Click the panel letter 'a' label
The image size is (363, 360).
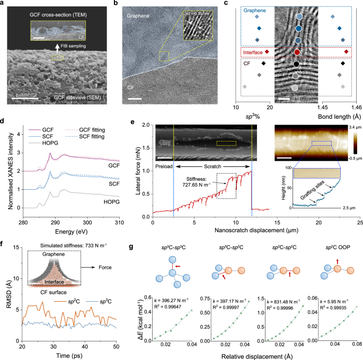tap(4, 4)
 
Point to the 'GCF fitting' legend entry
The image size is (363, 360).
tap(87, 129)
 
